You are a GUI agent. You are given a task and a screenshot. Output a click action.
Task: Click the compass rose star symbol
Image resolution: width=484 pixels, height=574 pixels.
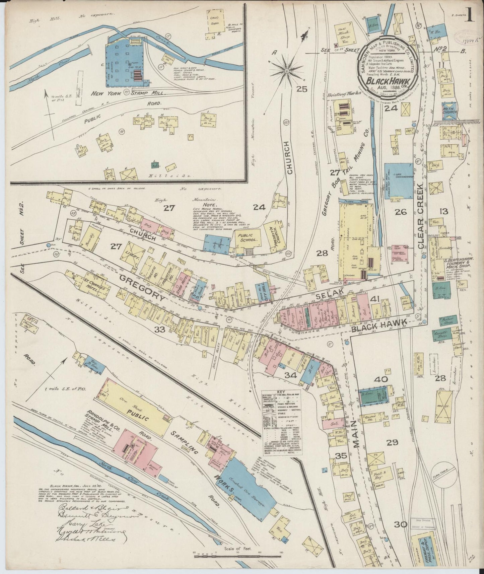(x=287, y=71)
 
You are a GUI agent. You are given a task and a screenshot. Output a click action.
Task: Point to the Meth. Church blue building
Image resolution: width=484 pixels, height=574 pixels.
(x=449, y=110)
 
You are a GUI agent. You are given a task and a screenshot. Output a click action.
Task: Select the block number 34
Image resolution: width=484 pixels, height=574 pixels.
(x=290, y=375)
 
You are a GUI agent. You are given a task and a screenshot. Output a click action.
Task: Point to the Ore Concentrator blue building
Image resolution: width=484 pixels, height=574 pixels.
(x=399, y=181)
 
